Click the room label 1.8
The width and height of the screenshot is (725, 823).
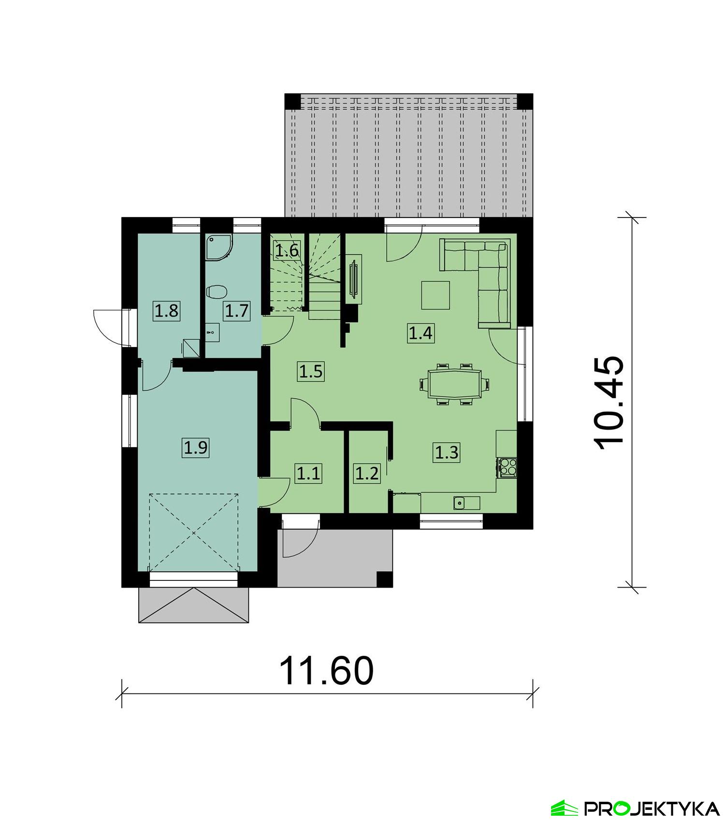click(167, 310)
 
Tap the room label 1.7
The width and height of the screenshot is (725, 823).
click(237, 310)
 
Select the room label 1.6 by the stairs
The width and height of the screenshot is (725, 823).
click(287, 251)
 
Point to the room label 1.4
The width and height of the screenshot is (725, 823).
click(420, 333)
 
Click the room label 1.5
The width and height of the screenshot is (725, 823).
click(311, 372)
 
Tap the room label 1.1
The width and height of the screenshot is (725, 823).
click(308, 473)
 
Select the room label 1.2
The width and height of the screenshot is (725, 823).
click(367, 473)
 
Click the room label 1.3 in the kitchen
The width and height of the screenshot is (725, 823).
click(447, 452)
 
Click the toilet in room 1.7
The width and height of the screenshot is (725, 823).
click(216, 292)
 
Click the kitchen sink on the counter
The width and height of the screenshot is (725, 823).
click(459, 503)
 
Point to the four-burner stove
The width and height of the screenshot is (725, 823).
click(507, 467)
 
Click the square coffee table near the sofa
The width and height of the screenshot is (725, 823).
click(435, 295)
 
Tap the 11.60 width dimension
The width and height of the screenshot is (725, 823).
click(327, 671)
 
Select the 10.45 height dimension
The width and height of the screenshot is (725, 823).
click(609, 404)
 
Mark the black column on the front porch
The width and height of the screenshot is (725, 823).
click(384, 578)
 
